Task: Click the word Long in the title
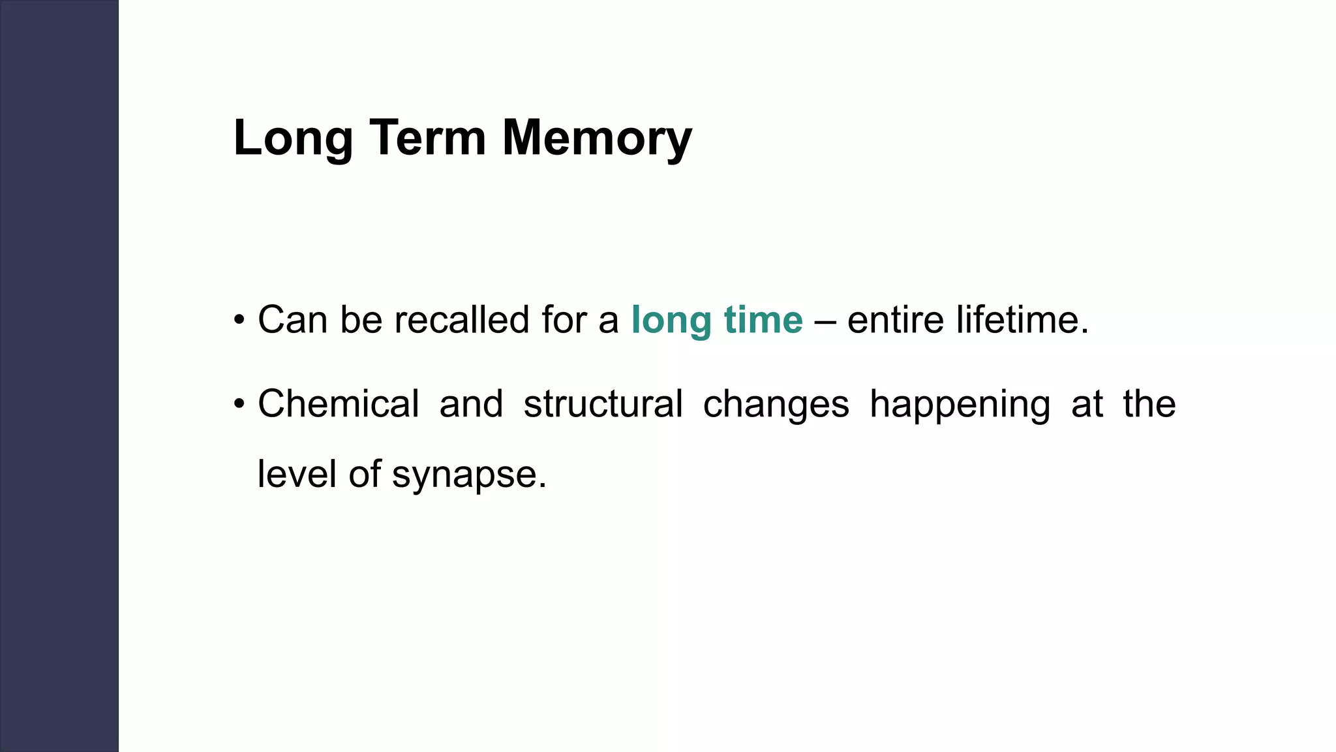(293, 138)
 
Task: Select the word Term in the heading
(429, 138)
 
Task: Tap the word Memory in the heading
(597, 138)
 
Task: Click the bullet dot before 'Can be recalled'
(239, 321)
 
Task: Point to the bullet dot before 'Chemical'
(239, 405)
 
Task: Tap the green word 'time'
(763, 320)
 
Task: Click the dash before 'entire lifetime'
(825, 321)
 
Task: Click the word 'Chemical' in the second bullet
(339, 403)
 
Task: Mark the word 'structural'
(603, 403)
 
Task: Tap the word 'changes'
(776, 405)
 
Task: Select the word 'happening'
(960, 405)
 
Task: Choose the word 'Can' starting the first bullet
(293, 320)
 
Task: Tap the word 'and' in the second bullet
(471, 403)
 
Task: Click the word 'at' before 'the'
(1087, 405)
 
